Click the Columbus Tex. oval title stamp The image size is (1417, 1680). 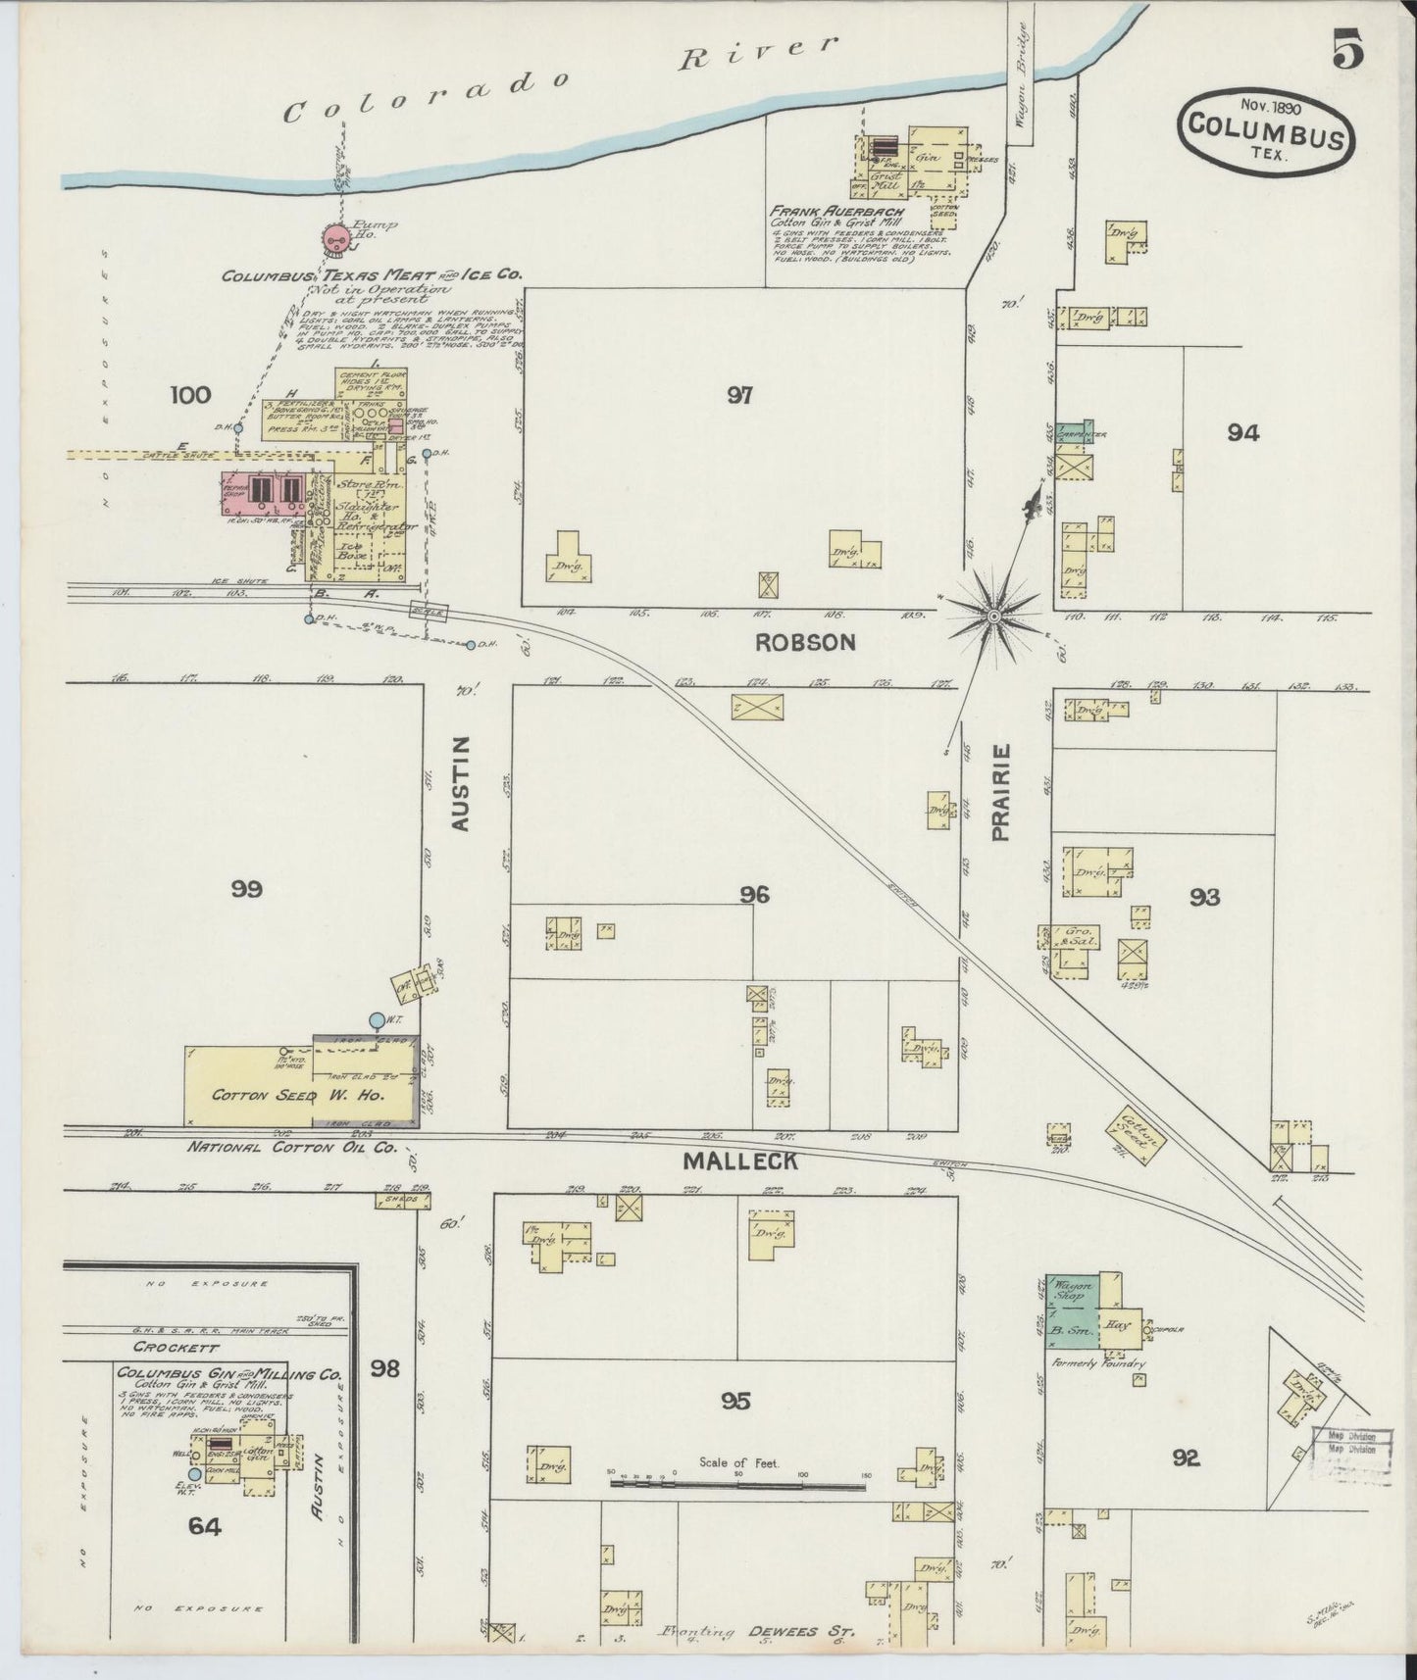click(x=1266, y=131)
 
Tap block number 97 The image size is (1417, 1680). click(x=739, y=395)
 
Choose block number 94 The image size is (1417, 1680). click(x=1242, y=432)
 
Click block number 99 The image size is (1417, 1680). click(x=247, y=889)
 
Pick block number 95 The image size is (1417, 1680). click(x=735, y=1401)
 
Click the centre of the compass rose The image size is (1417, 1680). click(x=993, y=615)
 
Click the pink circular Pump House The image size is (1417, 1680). click(x=336, y=236)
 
